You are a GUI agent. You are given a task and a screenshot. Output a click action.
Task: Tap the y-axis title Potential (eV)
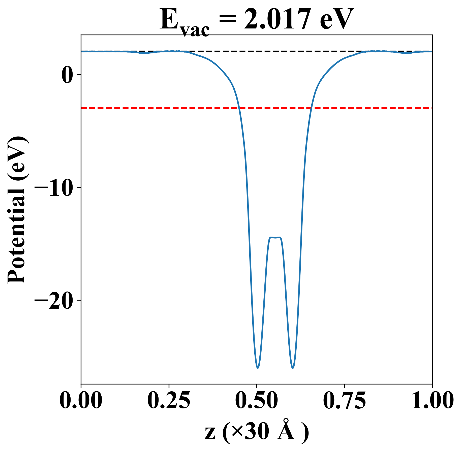(x=17, y=210)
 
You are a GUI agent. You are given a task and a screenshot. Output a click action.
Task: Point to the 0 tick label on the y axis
(x=67, y=75)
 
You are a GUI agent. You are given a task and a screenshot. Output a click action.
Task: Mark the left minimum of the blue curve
(x=258, y=368)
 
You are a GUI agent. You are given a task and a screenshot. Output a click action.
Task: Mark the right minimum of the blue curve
(x=293, y=368)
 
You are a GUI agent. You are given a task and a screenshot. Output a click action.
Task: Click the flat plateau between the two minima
(x=275, y=238)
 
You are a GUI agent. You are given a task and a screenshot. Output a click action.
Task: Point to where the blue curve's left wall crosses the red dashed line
(x=238, y=108)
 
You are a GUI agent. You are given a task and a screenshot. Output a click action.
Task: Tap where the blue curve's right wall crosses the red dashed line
(x=311, y=108)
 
